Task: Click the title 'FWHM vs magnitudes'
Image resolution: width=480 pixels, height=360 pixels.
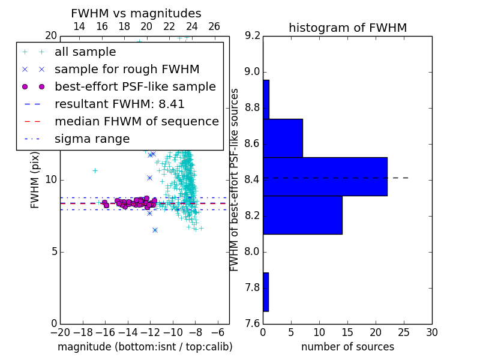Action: (136, 13)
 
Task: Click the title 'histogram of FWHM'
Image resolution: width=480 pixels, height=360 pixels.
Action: (348, 28)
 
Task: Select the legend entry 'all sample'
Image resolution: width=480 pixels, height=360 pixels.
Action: (85, 52)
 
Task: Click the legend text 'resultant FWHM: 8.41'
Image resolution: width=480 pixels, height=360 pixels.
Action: (119, 104)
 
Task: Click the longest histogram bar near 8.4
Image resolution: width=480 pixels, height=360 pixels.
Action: (325, 176)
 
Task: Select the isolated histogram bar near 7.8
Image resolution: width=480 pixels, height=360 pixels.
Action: (266, 292)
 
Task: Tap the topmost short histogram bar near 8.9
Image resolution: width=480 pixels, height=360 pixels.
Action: (266, 100)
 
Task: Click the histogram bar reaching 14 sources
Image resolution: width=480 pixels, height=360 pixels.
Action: (302, 215)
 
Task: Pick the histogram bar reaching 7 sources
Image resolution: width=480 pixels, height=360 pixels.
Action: (283, 138)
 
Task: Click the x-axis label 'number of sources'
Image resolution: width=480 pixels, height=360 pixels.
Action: (348, 347)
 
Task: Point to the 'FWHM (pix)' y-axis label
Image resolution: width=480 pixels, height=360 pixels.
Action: (35, 181)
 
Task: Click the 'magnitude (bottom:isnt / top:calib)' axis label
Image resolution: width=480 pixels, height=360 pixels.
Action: (145, 347)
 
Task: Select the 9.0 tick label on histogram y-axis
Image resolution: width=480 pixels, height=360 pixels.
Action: (252, 72)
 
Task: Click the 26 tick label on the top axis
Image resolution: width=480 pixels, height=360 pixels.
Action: (214, 26)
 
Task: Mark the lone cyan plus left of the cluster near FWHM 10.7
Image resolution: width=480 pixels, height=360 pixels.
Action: (95, 170)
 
